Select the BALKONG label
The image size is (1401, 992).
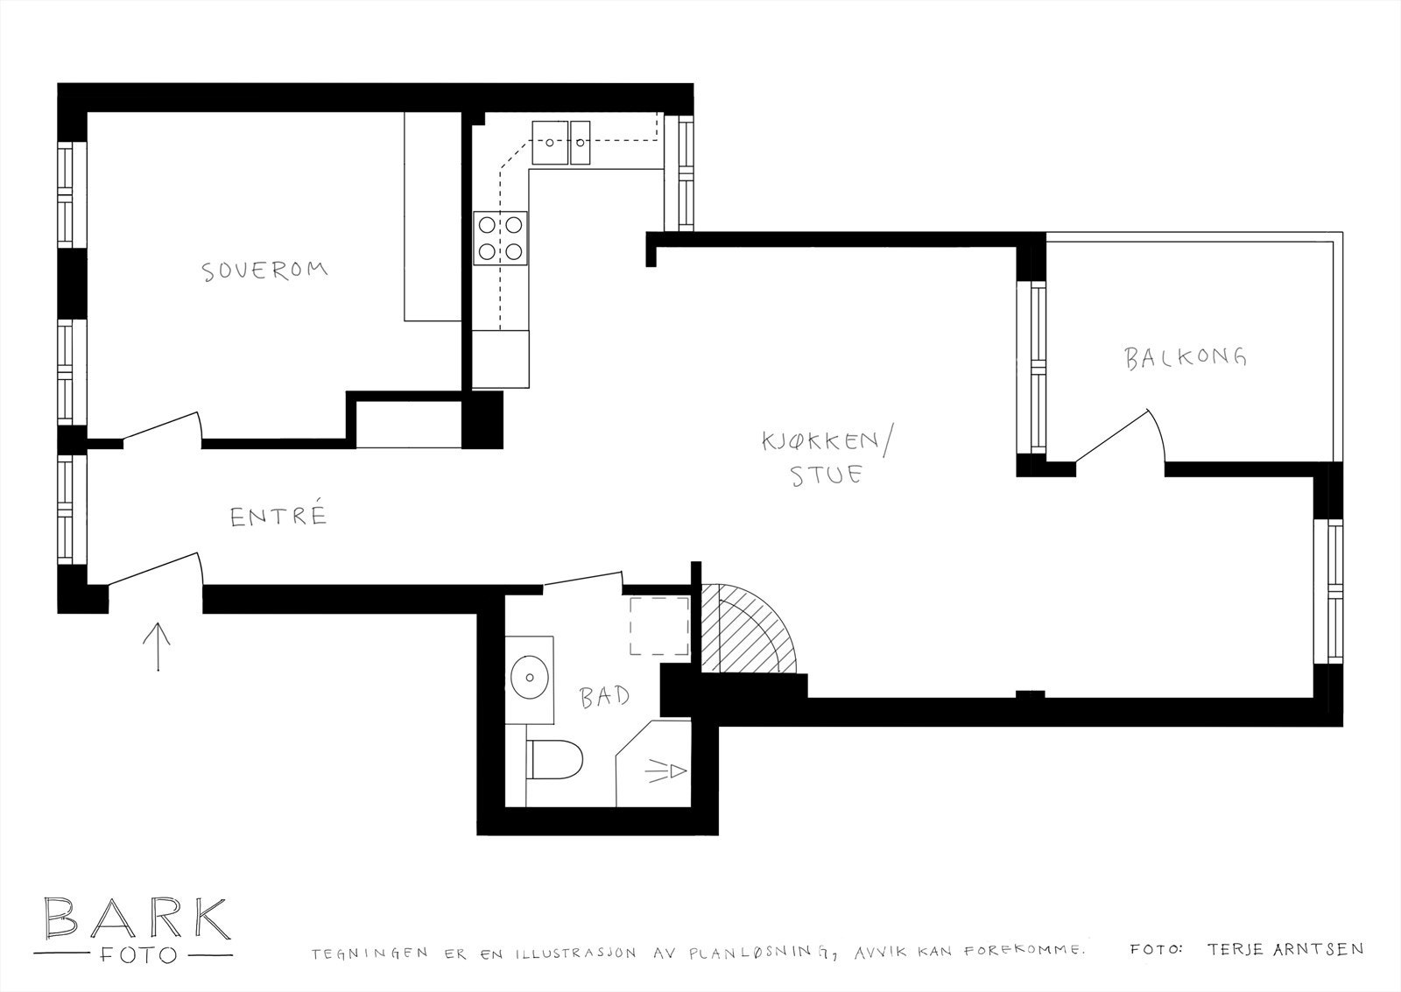pyautogui.click(x=1186, y=357)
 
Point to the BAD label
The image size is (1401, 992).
pyautogui.click(x=604, y=697)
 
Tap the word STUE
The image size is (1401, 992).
pyautogui.click(x=827, y=475)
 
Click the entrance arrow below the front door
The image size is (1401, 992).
pyautogui.click(x=158, y=646)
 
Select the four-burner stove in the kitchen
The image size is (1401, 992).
pyautogui.click(x=501, y=237)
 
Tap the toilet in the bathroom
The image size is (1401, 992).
pyautogui.click(x=556, y=758)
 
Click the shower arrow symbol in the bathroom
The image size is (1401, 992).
pyautogui.click(x=667, y=770)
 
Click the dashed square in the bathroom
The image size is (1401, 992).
pyautogui.click(x=658, y=625)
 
